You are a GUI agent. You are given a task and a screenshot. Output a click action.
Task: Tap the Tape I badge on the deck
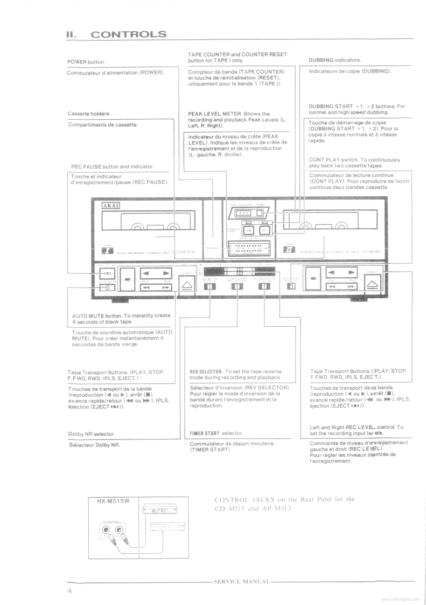click(108, 250)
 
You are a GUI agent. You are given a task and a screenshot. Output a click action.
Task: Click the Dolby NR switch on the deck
click(209, 286)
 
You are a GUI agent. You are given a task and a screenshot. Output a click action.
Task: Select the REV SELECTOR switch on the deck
click(264, 286)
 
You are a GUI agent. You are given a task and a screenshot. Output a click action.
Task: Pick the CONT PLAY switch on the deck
click(291, 286)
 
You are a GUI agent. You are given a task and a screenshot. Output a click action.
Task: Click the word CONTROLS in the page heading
click(129, 35)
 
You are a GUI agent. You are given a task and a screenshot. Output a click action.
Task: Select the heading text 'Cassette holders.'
click(89, 114)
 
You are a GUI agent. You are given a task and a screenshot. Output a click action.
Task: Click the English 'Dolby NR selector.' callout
click(92, 434)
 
